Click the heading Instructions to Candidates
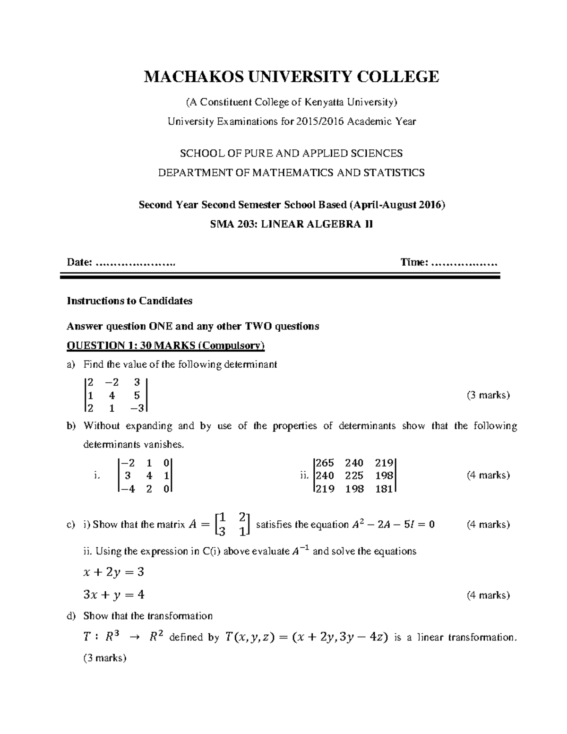tap(129, 301)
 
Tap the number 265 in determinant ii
tap(325, 463)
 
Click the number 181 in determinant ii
tap(383, 489)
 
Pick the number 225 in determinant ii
tap(354, 476)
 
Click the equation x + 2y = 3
tap(113, 572)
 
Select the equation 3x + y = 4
tap(113, 595)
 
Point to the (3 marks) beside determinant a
tap(488, 395)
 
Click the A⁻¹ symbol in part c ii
tap(299, 551)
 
